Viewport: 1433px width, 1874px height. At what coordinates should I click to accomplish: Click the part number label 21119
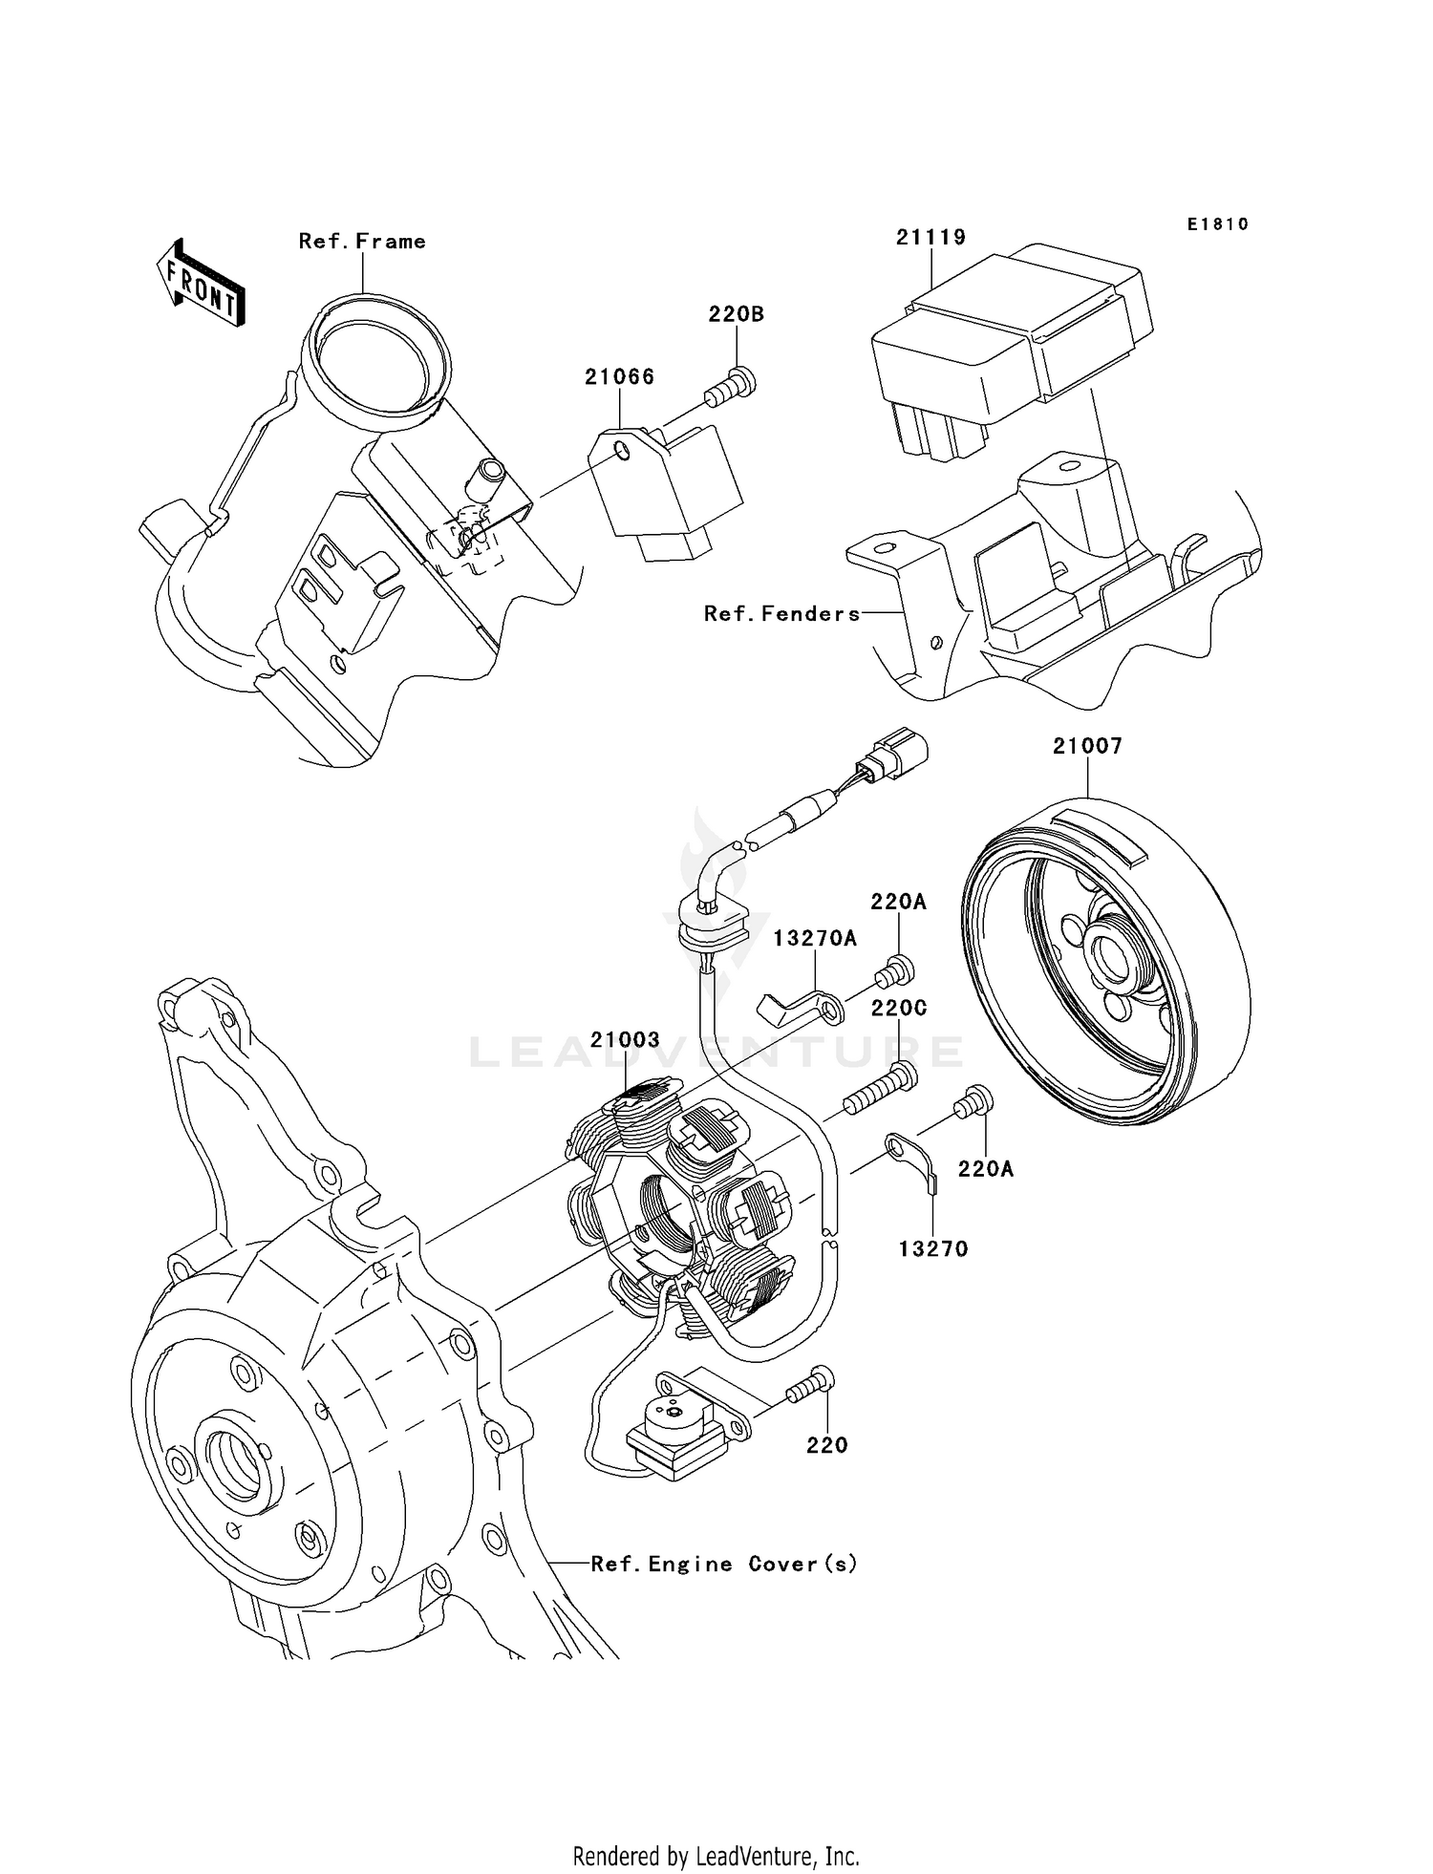pyautogui.click(x=930, y=237)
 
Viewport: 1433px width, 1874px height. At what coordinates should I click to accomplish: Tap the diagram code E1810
pyautogui.click(x=1217, y=224)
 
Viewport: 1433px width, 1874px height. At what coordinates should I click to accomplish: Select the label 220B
pyautogui.click(x=736, y=314)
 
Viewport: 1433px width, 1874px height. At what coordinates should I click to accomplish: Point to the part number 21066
pyautogui.click(x=619, y=376)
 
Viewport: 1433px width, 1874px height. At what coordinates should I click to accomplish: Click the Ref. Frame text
pyautogui.click(x=362, y=242)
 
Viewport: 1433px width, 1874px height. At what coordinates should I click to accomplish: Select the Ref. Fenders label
pyautogui.click(x=781, y=614)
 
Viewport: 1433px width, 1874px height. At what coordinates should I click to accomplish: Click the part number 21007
pyautogui.click(x=1086, y=746)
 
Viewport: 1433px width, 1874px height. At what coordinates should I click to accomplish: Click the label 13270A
pyautogui.click(x=814, y=939)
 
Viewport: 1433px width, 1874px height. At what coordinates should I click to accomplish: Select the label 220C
pyautogui.click(x=898, y=1009)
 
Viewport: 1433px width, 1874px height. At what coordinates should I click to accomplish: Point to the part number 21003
pyautogui.click(x=625, y=1040)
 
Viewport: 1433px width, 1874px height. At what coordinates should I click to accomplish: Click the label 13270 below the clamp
pyautogui.click(x=932, y=1248)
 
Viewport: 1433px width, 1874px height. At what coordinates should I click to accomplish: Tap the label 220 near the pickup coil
pyautogui.click(x=826, y=1445)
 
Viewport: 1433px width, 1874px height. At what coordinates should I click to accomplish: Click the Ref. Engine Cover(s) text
pyautogui.click(x=723, y=1565)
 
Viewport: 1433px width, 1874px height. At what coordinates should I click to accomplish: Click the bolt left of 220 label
pyautogui.click(x=810, y=1386)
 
